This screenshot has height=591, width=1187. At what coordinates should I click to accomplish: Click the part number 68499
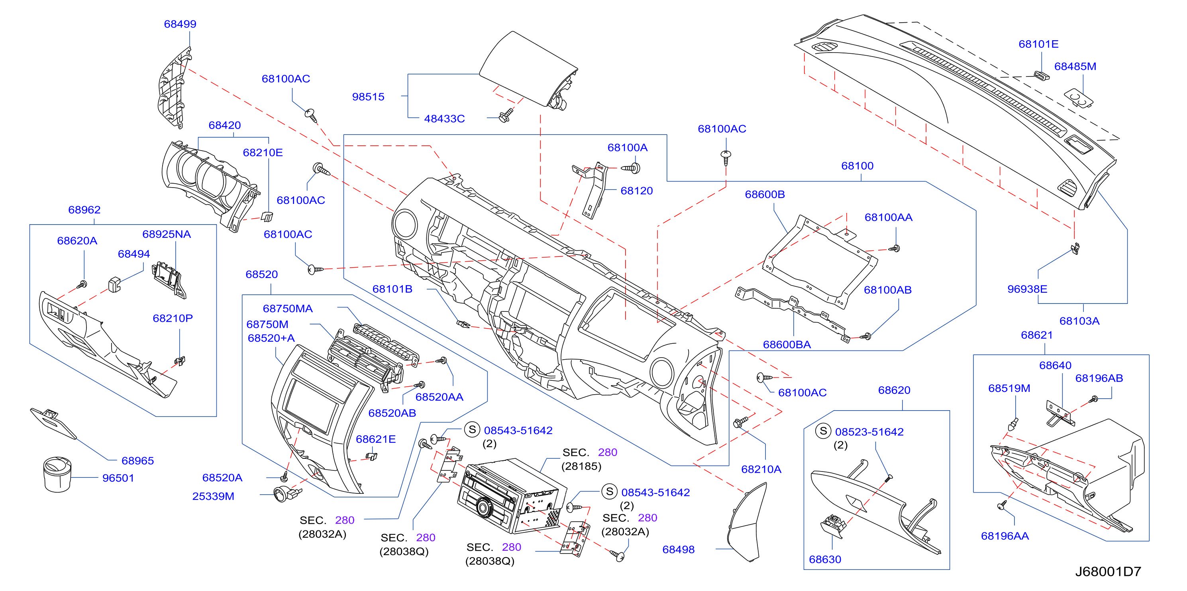pyautogui.click(x=180, y=24)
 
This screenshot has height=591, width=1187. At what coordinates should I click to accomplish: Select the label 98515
pyautogui.click(x=368, y=97)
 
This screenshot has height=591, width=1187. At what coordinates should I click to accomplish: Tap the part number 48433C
pyautogui.click(x=444, y=118)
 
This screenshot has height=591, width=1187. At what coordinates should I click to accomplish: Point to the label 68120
pyautogui.click(x=636, y=191)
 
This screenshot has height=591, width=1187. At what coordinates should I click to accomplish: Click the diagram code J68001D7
pyautogui.click(x=1108, y=571)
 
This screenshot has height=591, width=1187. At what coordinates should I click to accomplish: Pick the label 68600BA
pyautogui.click(x=787, y=344)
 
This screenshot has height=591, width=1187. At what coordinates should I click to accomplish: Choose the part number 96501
pyautogui.click(x=118, y=478)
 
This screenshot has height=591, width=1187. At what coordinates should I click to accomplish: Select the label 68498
pyautogui.click(x=678, y=550)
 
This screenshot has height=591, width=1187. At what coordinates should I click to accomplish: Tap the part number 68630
pyautogui.click(x=825, y=559)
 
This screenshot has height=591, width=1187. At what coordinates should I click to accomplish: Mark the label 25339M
pyautogui.click(x=213, y=496)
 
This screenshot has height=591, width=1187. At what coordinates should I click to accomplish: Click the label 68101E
pyautogui.click(x=1038, y=44)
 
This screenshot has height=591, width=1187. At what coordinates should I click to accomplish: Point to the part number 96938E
pyautogui.click(x=1027, y=289)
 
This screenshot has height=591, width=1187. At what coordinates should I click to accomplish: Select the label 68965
pyautogui.click(x=137, y=461)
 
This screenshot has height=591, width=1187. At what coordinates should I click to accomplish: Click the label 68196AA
pyautogui.click(x=1005, y=536)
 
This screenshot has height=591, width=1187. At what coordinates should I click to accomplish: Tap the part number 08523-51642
pyautogui.click(x=869, y=432)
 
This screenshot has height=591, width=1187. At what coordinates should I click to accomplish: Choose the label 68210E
pyautogui.click(x=263, y=153)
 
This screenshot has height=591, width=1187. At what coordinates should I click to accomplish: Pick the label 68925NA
pyautogui.click(x=166, y=234)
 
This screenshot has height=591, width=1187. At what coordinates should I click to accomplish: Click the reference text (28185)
pyautogui.click(x=581, y=466)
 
